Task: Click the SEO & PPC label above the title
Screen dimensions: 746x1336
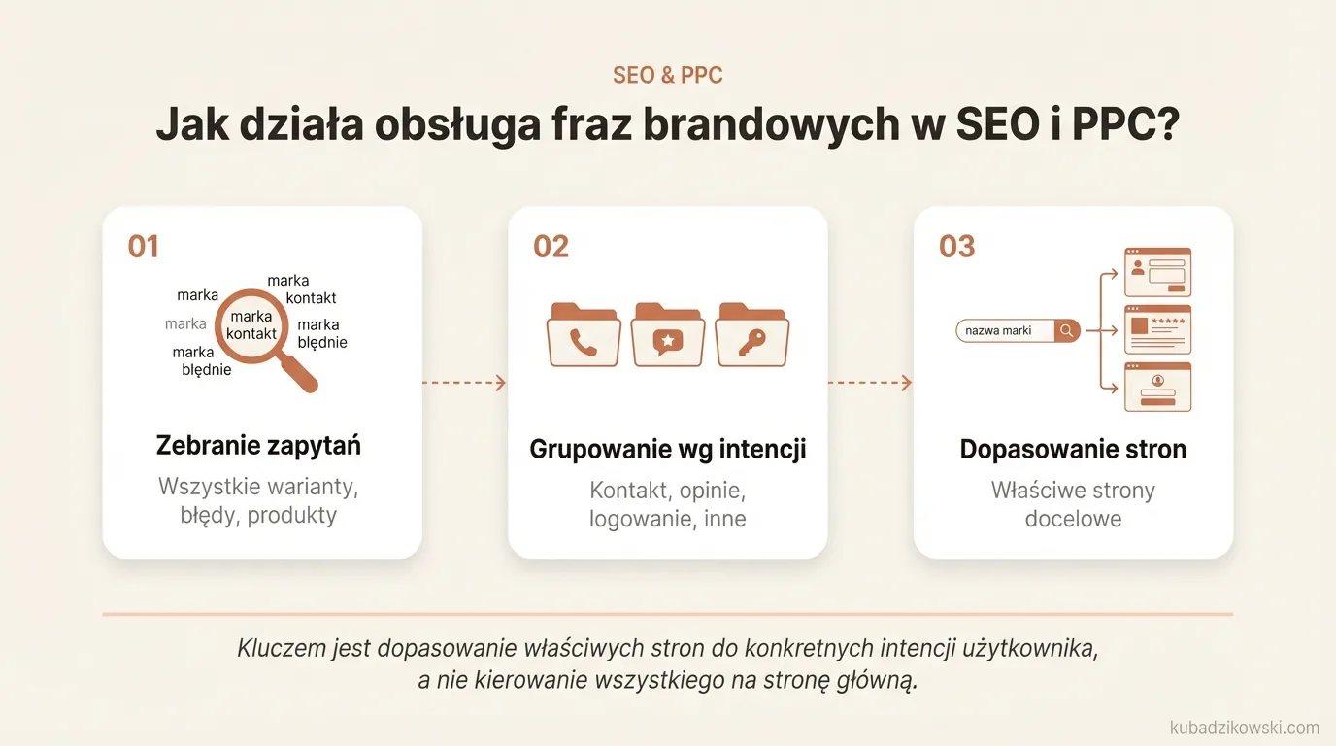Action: pyautogui.click(x=667, y=75)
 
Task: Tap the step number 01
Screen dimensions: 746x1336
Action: pyautogui.click(x=143, y=246)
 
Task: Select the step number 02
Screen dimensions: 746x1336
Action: pyautogui.click(x=551, y=246)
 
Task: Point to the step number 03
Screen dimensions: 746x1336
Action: pyautogui.click(x=956, y=246)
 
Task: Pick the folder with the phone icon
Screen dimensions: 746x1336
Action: pyautogui.click(x=584, y=336)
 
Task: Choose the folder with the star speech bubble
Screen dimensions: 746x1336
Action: pyautogui.click(x=668, y=336)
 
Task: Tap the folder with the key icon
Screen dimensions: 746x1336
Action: pyautogui.click(x=751, y=336)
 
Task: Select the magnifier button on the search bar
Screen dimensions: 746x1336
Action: pyautogui.click(x=1067, y=330)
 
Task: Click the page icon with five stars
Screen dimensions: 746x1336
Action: pyautogui.click(x=1157, y=329)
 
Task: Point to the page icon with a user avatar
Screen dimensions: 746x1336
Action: pyautogui.click(x=1157, y=387)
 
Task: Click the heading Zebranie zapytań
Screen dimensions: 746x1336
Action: pyautogui.click(x=258, y=446)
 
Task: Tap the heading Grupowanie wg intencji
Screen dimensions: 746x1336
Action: pyautogui.click(x=668, y=450)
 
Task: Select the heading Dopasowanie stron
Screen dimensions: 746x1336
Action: pyautogui.click(x=1073, y=450)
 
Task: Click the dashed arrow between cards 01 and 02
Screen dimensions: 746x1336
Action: pyautogui.click(x=464, y=383)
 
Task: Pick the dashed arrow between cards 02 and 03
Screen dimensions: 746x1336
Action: pyautogui.click(x=870, y=383)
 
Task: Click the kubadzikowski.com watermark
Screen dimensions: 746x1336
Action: pyautogui.click(x=1245, y=728)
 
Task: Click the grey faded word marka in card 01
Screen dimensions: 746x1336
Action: pyautogui.click(x=185, y=323)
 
